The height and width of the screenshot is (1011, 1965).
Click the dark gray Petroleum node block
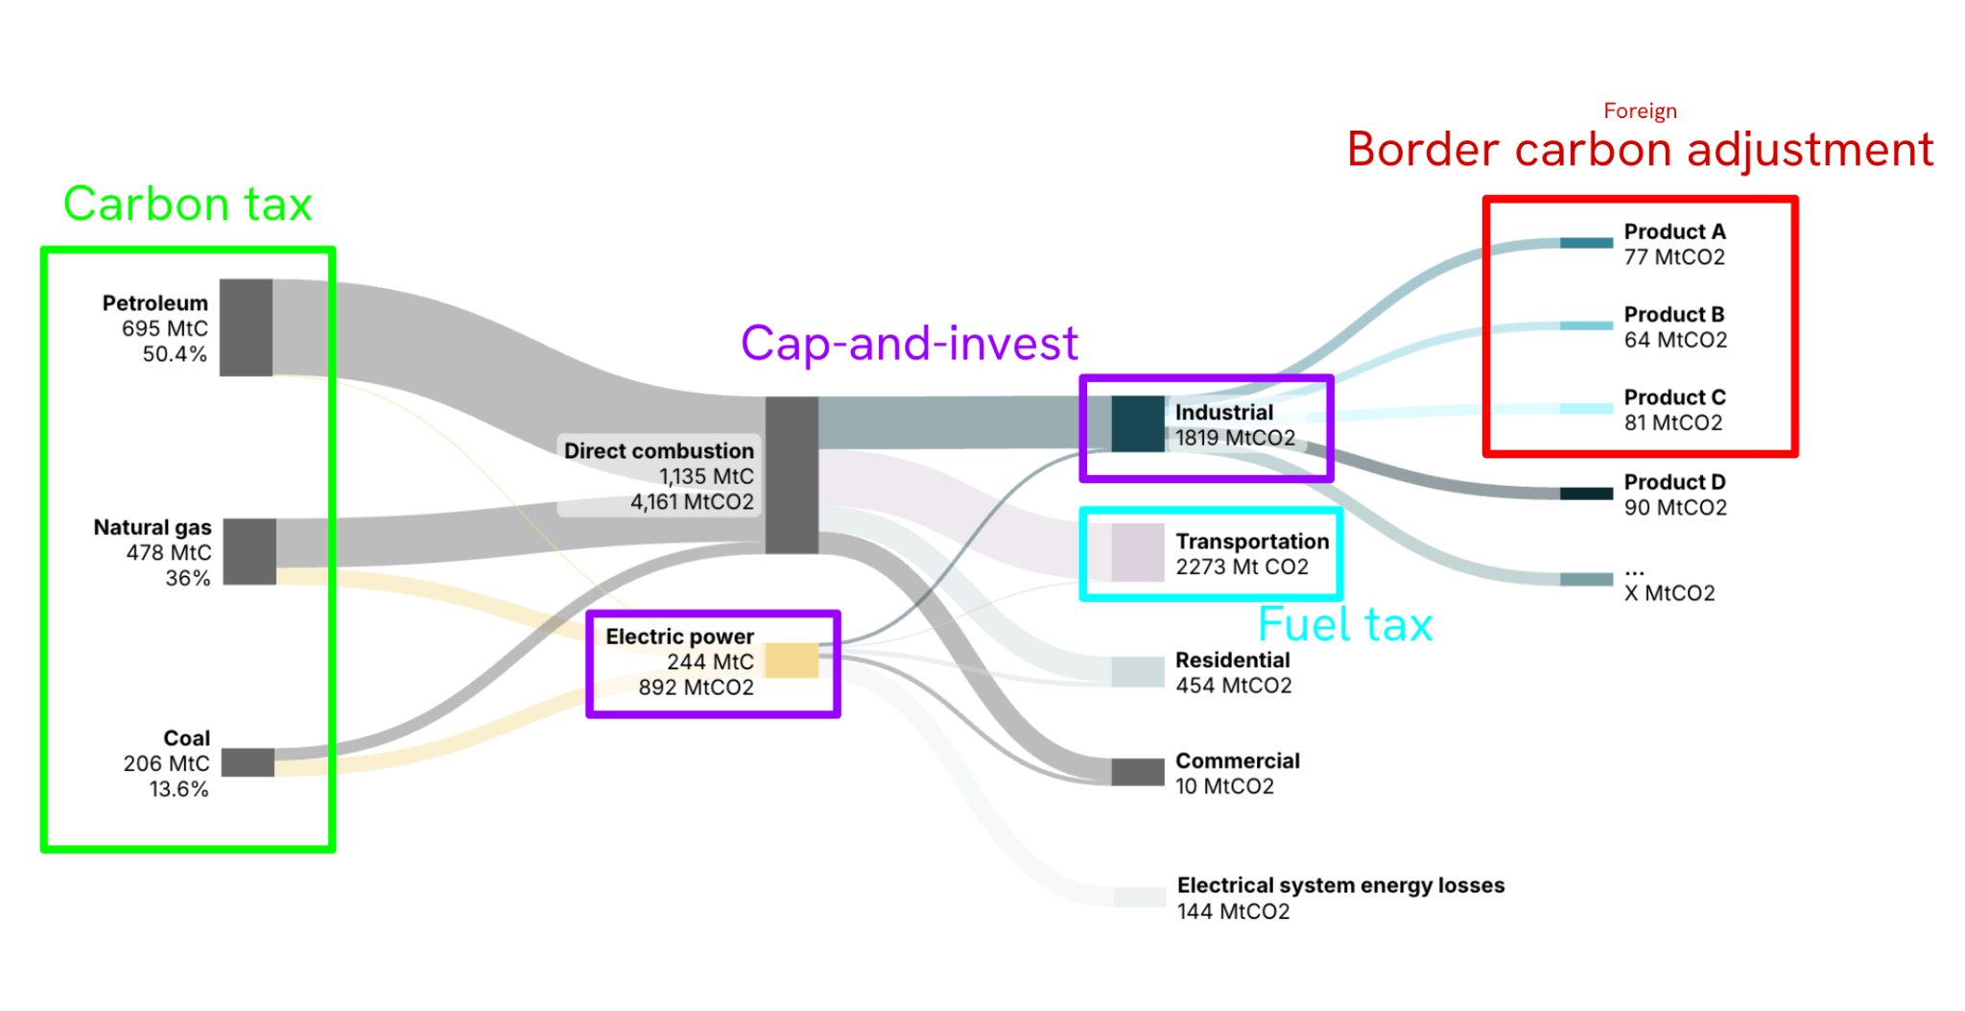click(246, 327)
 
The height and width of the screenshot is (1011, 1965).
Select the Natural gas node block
click(249, 552)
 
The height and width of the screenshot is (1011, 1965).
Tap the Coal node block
click(248, 762)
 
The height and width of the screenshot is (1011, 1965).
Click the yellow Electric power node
click(792, 661)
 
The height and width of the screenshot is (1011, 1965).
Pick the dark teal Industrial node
click(1138, 423)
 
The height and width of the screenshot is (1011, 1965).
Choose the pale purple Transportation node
click(1138, 552)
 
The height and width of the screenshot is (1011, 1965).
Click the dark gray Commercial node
click(1138, 772)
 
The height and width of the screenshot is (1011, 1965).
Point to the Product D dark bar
click(1586, 493)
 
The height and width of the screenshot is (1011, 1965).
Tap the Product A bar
click(1586, 243)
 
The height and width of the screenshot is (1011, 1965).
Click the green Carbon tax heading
click(188, 204)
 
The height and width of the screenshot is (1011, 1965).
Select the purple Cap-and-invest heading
click(910, 343)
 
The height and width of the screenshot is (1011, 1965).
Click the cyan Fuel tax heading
click(1345, 624)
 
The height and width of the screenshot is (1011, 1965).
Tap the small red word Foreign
click(1640, 111)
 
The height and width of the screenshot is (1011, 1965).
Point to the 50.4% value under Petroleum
click(175, 354)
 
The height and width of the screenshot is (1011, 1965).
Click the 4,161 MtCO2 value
click(692, 502)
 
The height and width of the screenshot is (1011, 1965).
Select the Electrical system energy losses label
click(1340, 885)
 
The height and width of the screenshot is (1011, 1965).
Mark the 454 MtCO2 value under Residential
click(1234, 686)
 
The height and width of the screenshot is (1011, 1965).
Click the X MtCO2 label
click(1669, 593)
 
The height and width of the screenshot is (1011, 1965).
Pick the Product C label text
click(1674, 397)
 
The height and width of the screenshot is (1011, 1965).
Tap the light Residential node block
click(1138, 672)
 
